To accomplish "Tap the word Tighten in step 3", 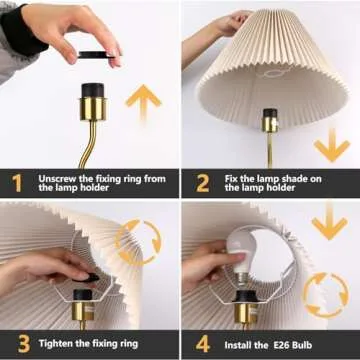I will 59,343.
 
